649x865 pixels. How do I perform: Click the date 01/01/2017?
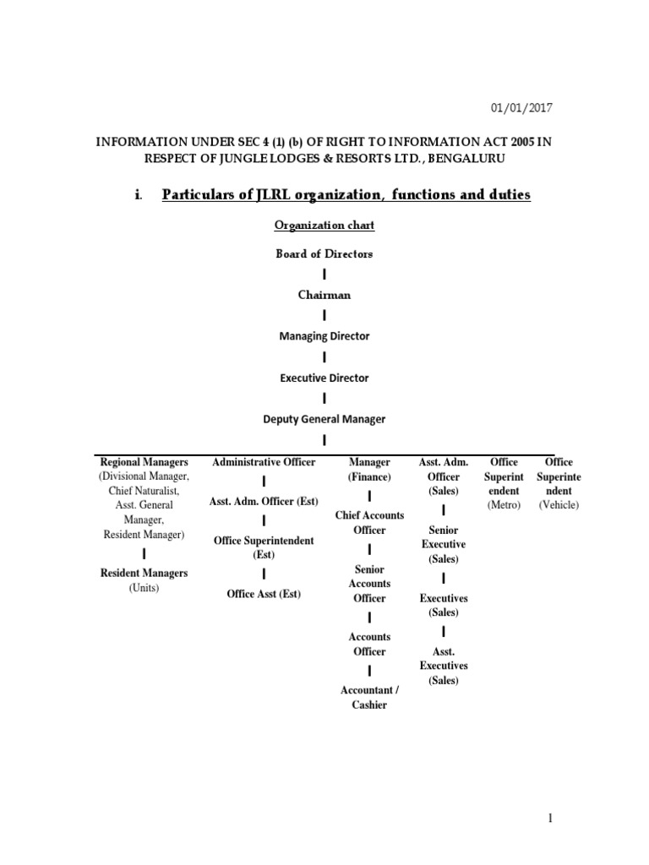(x=525, y=108)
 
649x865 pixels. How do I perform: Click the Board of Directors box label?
(x=324, y=253)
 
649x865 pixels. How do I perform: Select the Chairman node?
(x=324, y=295)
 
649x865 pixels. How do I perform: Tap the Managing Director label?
(x=324, y=336)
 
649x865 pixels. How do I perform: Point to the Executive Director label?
(x=324, y=378)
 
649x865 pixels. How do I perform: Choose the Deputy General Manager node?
(x=324, y=419)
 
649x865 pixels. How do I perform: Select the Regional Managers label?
(x=144, y=462)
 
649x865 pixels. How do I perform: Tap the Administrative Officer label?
(x=264, y=462)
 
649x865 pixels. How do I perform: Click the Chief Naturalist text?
(x=144, y=491)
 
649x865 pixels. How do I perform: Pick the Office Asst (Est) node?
(x=264, y=594)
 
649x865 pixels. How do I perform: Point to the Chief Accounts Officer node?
(x=369, y=522)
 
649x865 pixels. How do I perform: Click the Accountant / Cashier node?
(x=369, y=697)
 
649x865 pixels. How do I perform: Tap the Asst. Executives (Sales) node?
(x=443, y=666)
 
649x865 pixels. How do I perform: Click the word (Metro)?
(x=504, y=505)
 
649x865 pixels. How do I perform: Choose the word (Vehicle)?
(x=559, y=505)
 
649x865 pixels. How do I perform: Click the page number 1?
(x=549, y=819)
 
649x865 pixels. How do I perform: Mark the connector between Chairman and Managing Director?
(x=324, y=316)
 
